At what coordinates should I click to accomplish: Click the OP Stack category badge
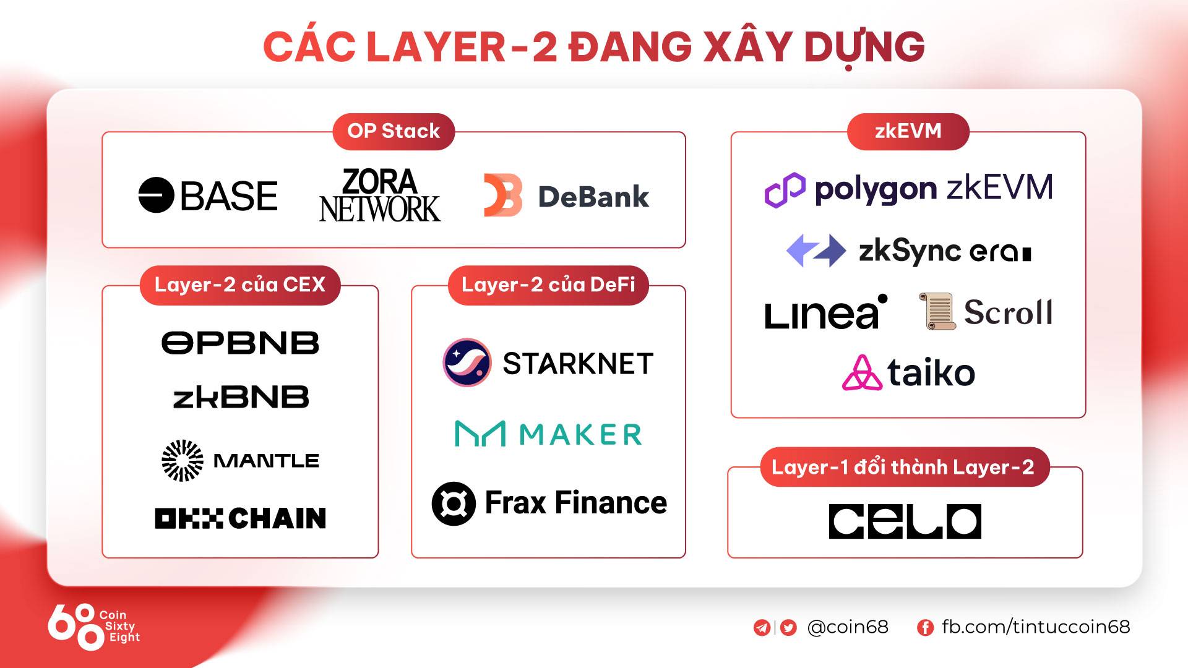(394, 131)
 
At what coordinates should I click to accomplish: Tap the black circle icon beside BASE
(156, 195)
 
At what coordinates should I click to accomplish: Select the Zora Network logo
(379, 195)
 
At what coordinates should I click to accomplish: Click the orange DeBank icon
(502, 195)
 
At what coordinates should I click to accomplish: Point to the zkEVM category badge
(908, 131)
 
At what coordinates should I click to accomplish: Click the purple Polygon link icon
(785, 189)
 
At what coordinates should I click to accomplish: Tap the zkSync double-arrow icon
(816, 250)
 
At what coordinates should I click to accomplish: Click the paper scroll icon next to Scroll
(937, 311)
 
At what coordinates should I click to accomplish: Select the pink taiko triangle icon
(862, 373)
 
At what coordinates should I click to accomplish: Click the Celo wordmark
(905, 521)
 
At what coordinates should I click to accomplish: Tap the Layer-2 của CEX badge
(240, 285)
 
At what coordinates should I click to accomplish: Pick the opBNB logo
(240, 343)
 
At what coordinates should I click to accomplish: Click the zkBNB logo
(241, 397)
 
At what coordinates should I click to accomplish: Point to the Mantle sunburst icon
(182, 461)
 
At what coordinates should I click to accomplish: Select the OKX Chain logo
(240, 518)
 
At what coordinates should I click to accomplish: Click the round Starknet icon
(467, 362)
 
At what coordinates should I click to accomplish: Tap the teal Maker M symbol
(480, 434)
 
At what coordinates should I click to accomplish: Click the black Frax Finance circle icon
(454, 503)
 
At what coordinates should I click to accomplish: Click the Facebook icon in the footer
(925, 628)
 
